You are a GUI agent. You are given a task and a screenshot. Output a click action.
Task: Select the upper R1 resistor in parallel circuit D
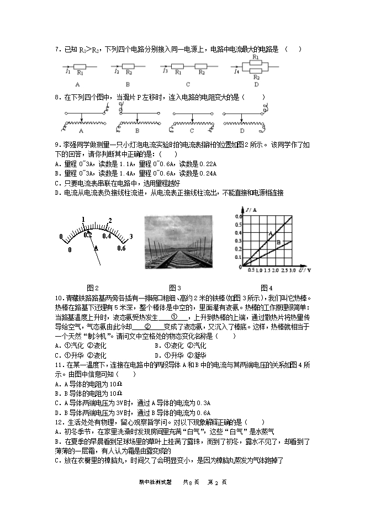pyautogui.click(x=256, y=63)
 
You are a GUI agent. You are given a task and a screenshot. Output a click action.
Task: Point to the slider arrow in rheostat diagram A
pyautogui.click(x=82, y=118)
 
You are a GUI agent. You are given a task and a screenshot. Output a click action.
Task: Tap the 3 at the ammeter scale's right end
pyautogui.click(x=131, y=237)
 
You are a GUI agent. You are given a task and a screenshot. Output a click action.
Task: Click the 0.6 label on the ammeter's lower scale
pyautogui.click(x=122, y=248)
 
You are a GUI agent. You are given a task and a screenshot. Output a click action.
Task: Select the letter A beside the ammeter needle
pyautogui.click(x=97, y=248)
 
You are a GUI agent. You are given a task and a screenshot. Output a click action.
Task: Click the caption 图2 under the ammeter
pyautogui.click(x=93, y=288)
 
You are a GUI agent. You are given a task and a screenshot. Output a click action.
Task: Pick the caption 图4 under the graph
pyautogui.click(x=266, y=288)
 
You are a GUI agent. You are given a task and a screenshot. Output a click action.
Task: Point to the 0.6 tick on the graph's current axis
pyautogui.click(x=239, y=216)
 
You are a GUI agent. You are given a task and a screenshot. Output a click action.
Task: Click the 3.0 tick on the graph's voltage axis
pyautogui.click(x=292, y=270)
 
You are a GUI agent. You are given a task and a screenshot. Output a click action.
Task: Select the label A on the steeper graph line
pyautogui.click(x=271, y=233)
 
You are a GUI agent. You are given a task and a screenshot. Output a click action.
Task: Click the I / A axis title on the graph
pyautogui.click(x=251, y=210)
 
